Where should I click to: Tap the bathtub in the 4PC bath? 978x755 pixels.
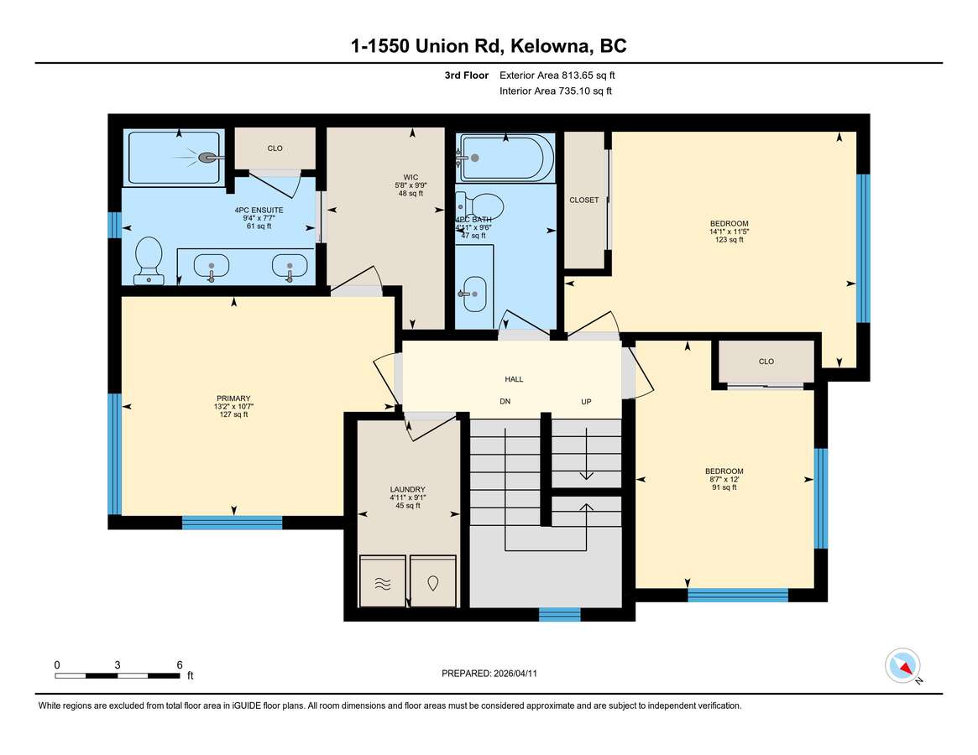coord(505,158)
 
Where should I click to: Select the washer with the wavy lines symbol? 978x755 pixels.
coord(383,581)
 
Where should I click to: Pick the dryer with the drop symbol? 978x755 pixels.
coord(433,581)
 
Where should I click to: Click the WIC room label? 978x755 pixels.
coord(411,178)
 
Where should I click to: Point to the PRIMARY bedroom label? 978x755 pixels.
coord(233,398)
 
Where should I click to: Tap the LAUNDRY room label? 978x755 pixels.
coord(408,489)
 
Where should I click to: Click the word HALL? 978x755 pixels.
coord(514,379)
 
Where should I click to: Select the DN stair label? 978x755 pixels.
coord(505,402)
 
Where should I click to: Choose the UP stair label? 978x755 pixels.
coord(586,402)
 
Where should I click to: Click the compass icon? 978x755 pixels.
coord(902,666)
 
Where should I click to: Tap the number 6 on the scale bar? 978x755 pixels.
coord(180,664)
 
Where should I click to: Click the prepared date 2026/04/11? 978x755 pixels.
coord(515,674)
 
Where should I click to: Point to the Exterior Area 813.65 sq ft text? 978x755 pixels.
coord(557,75)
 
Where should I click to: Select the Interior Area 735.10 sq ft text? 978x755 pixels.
coord(555,91)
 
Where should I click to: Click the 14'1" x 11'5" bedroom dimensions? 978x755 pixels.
coord(730,232)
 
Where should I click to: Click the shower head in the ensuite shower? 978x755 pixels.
coord(210,159)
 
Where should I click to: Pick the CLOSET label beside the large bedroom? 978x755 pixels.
coord(583,200)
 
